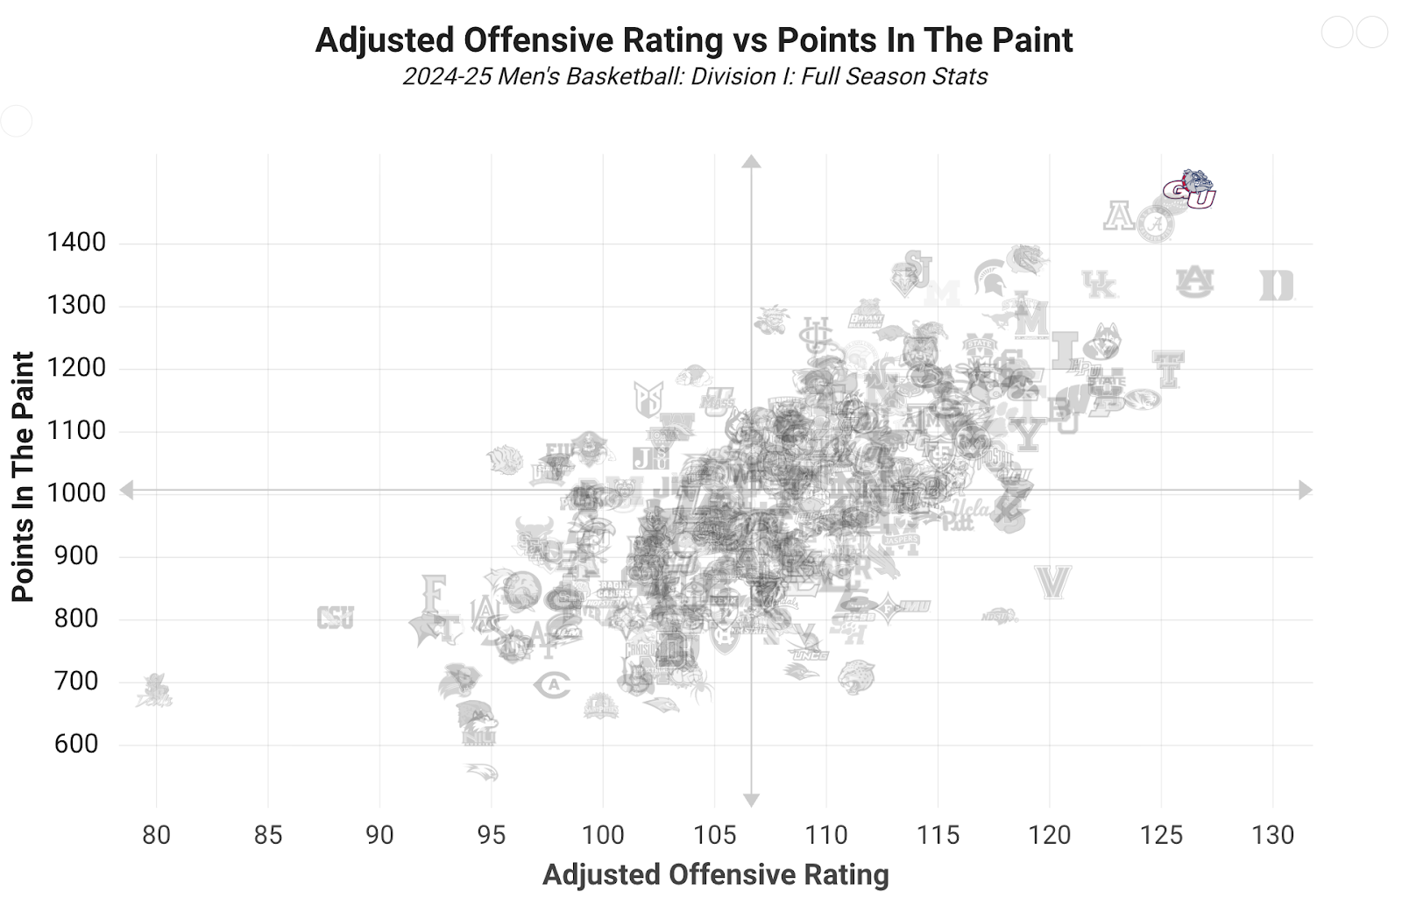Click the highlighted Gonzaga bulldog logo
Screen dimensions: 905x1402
pyautogui.click(x=1190, y=189)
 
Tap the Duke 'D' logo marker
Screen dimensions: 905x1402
pyautogui.click(x=1276, y=286)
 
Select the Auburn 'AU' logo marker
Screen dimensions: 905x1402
pyautogui.click(x=1194, y=282)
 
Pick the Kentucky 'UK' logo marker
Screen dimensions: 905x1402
pyautogui.click(x=1099, y=285)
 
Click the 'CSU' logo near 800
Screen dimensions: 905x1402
pyautogui.click(x=335, y=618)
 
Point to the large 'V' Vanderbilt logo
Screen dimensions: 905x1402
pyautogui.click(x=1052, y=582)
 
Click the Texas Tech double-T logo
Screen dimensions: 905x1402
pyautogui.click(x=1168, y=369)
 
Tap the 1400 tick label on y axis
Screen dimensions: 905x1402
pyautogui.click(x=76, y=243)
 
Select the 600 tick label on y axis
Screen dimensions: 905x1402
pyautogui.click(x=76, y=745)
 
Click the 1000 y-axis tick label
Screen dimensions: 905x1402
pyautogui.click(x=76, y=493)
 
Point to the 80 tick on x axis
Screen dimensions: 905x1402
pyautogui.click(x=156, y=835)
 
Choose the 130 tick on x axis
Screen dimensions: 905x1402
pyautogui.click(x=1272, y=835)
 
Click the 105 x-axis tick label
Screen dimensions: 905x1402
pyautogui.click(x=714, y=835)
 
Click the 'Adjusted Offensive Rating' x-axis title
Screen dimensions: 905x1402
pyautogui.click(x=715, y=874)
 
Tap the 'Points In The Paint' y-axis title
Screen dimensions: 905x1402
pyautogui.click(x=23, y=477)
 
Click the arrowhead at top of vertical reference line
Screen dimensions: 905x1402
pyautogui.click(x=751, y=161)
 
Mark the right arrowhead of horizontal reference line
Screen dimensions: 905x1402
pyautogui.click(x=1306, y=491)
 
